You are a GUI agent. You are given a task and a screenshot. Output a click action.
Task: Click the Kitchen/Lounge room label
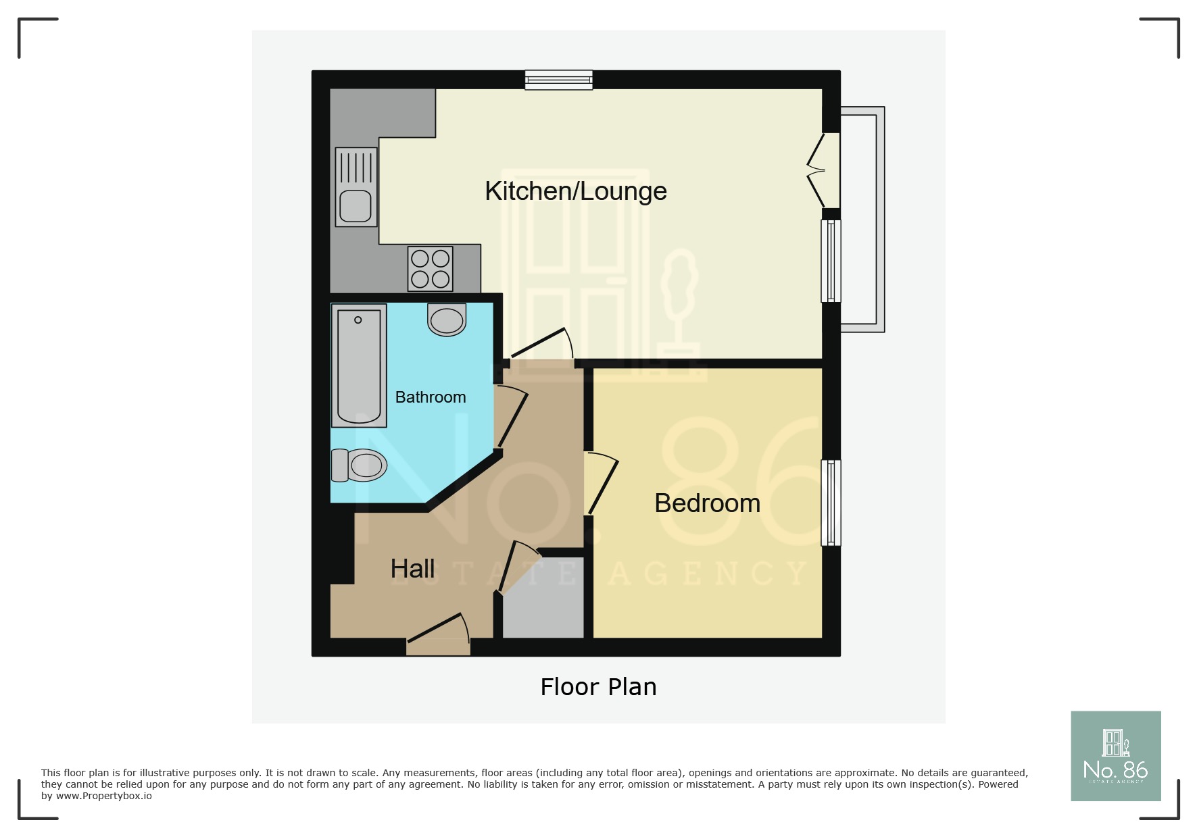pos(575,191)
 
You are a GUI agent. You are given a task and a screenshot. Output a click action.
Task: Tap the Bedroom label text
pos(707,503)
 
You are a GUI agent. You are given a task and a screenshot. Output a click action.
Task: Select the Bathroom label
pos(430,397)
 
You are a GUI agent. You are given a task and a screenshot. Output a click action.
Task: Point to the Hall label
pos(412,569)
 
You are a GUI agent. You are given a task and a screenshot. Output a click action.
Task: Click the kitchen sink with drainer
pos(356,187)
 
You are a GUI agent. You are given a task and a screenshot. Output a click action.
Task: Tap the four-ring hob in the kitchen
pos(430,269)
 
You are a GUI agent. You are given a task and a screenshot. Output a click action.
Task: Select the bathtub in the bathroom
pos(359,365)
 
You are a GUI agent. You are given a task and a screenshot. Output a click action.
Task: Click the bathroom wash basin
pos(447,320)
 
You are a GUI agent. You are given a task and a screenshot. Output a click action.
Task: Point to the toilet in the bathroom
pos(360,465)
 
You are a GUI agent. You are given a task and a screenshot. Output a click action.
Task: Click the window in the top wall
pos(559,80)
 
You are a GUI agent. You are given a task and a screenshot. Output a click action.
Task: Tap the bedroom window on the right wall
pos(831,503)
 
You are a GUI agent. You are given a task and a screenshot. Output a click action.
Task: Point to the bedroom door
pos(602,485)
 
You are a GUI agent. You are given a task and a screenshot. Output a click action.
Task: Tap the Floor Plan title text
pos(598,687)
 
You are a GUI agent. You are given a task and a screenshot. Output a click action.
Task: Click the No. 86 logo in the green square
pos(1115,756)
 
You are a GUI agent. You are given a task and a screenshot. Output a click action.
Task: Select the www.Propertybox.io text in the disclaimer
pos(103,796)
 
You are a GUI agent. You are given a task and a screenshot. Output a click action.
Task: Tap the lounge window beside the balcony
pos(831,261)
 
